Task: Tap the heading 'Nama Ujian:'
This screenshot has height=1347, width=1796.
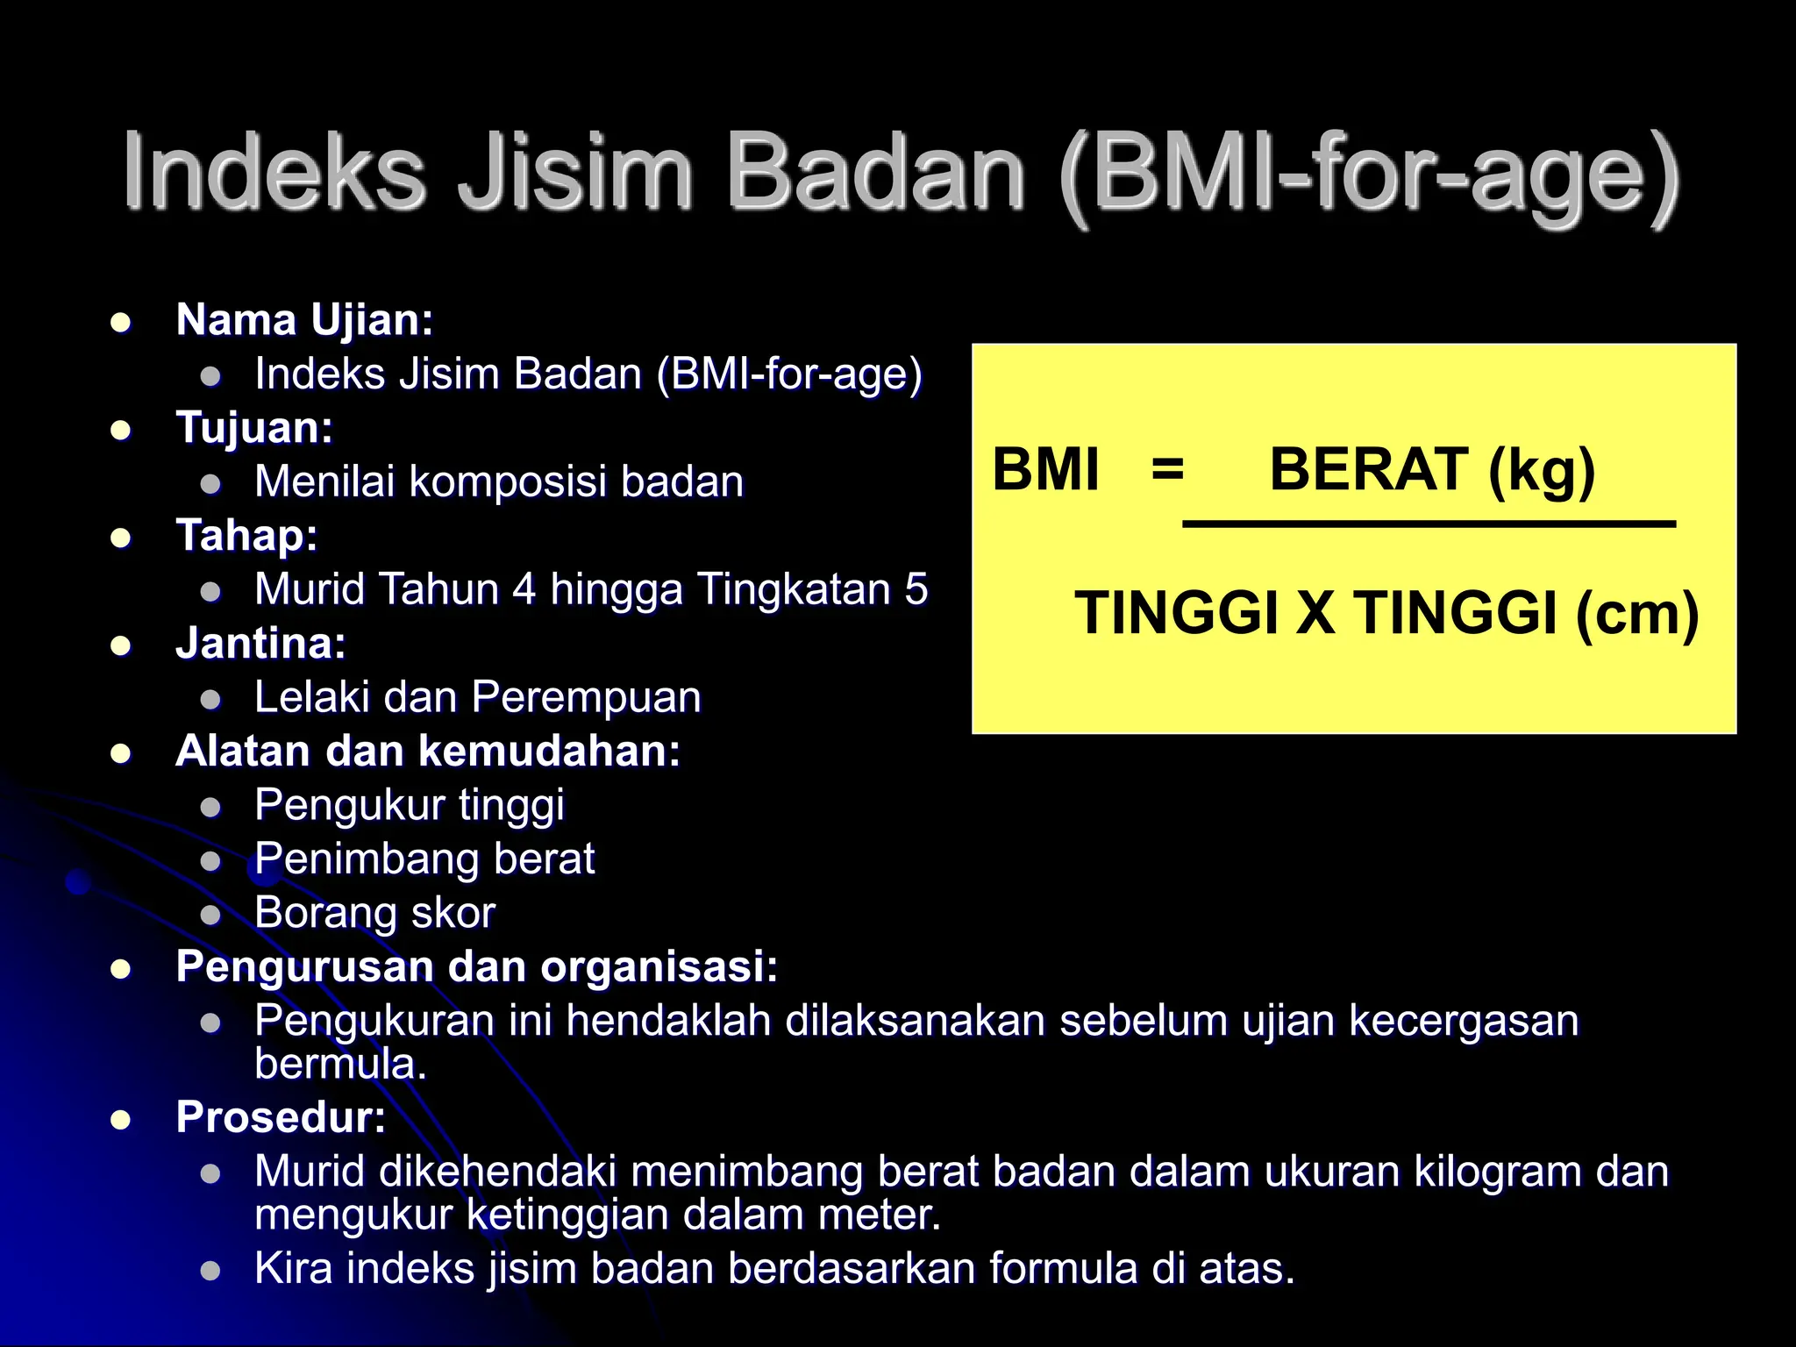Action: click(x=304, y=320)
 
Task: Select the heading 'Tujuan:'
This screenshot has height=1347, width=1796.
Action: click(x=254, y=428)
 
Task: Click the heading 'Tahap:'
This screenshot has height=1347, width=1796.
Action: click(x=246, y=536)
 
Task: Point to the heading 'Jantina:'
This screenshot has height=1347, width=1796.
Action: click(x=260, y=644)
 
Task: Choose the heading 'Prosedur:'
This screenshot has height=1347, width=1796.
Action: click(x=281, y=1117)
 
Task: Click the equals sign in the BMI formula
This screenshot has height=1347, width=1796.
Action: click(x=1167, y=469)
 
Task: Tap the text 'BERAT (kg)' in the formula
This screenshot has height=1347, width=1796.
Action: click(x=1431, y=469)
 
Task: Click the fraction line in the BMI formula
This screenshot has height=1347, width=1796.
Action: click(x=1429, y=524)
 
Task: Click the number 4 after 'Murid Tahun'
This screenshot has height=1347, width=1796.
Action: click(x=524, y=589)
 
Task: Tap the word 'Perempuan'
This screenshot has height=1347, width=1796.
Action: click(x=586, y=698)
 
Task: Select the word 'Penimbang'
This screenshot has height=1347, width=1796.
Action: click(x=367, y=859)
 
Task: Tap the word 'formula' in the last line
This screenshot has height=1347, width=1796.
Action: click(x=1063, y=1269)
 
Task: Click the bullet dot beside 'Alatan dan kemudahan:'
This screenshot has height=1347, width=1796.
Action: click(x=121, y=753)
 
